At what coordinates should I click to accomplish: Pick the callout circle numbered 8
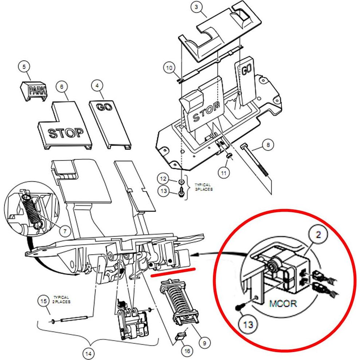(x=268, y=145)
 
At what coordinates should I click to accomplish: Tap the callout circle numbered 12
(x=164, y=179)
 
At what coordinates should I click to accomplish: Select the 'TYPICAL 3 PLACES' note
(x=202, y=187)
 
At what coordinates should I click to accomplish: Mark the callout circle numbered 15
(x=45, y=301)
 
